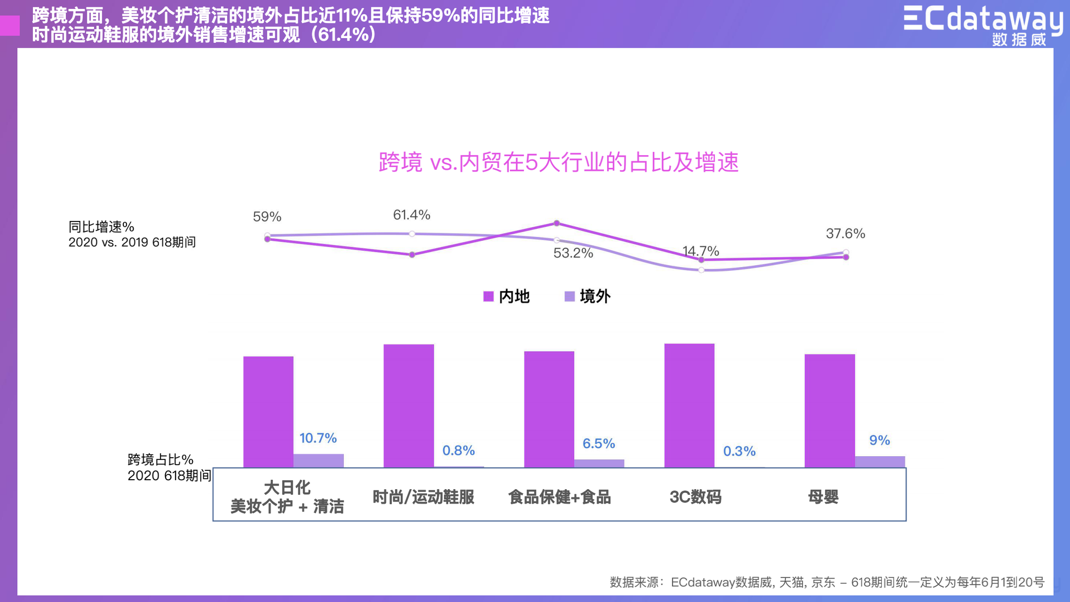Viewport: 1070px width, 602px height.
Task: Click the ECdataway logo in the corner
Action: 982,24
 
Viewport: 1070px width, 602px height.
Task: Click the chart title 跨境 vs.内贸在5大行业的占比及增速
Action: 559,162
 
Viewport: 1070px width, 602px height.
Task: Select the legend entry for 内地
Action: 507,296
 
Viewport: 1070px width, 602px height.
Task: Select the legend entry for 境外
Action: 588,296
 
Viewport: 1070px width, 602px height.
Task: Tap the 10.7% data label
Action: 318,438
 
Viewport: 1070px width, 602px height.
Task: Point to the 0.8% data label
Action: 458,450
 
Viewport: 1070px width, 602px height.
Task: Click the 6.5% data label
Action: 599,444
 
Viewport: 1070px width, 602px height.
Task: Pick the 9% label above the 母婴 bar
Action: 879,440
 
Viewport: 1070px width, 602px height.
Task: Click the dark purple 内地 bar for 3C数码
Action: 689,405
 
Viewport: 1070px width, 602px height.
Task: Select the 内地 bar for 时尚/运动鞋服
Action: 409,405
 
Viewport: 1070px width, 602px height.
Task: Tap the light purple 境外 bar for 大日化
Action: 318,460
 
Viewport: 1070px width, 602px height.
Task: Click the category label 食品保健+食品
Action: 559,496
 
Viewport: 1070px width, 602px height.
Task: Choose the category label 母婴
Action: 823,496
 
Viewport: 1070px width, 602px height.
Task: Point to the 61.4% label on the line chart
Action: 411,215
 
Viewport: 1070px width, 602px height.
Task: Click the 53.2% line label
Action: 573,253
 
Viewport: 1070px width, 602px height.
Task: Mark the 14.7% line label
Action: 701,251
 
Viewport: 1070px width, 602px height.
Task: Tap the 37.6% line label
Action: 845,234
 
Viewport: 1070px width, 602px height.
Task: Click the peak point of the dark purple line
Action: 556,223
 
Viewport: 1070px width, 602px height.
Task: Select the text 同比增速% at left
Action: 101,227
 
